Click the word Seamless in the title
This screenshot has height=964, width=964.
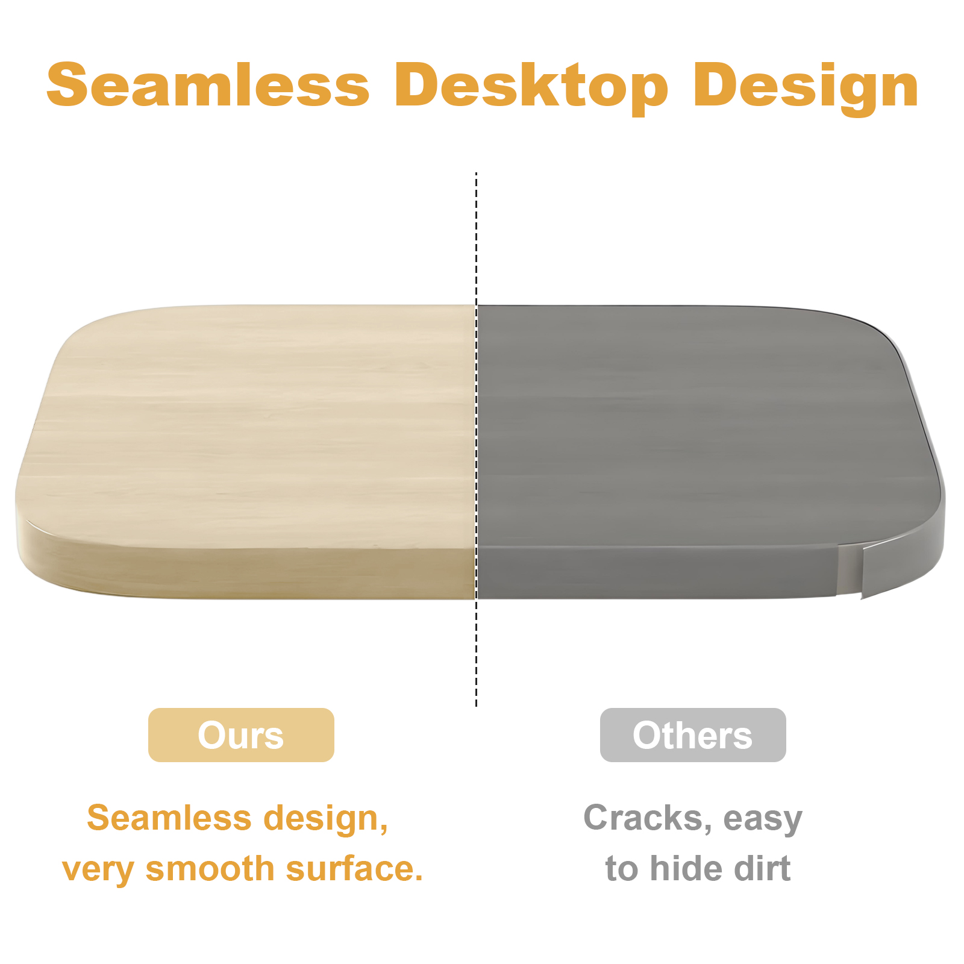(208, 85)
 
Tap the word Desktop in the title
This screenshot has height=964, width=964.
(531, 88)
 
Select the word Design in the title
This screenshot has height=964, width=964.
(806, 88)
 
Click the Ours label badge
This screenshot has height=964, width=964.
(241, 735)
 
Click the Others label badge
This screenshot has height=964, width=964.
(693, 735)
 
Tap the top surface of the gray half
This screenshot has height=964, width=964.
(705, 422)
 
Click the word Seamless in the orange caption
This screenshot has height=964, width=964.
(169, 818)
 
